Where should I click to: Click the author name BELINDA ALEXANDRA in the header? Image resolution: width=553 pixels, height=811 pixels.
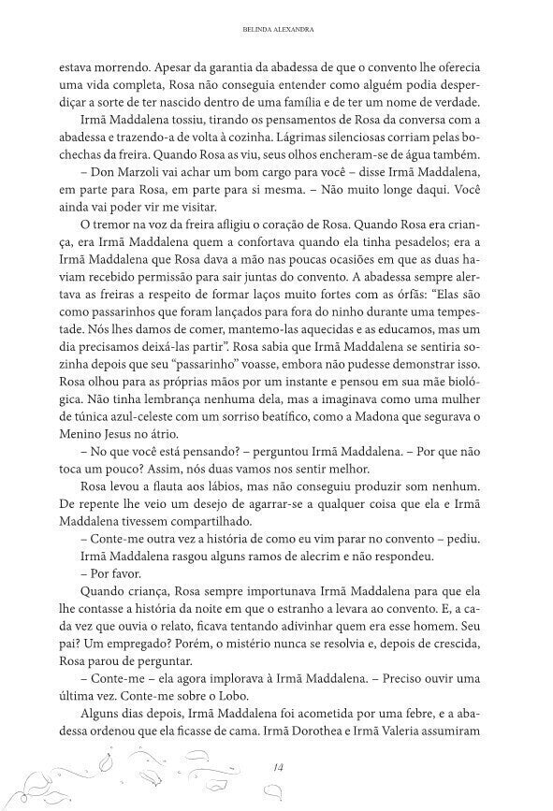pos(276,30)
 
